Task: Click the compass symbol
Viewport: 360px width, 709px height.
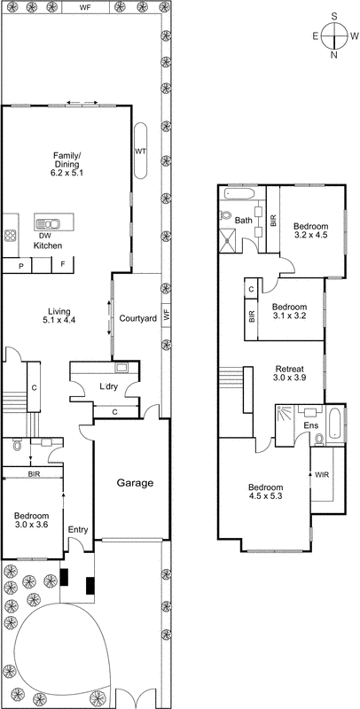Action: (335, 36)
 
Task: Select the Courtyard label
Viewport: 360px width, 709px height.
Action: (137, 318)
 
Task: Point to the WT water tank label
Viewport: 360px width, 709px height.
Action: (140, 152)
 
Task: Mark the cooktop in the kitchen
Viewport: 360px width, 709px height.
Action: (12, 236)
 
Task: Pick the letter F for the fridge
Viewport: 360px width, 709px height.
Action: (63, 265)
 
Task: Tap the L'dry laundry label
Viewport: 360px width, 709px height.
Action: (109, 387)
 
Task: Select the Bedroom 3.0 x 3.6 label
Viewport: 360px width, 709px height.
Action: (31, 520)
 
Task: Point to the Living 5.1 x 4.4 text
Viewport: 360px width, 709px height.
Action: (59, 316)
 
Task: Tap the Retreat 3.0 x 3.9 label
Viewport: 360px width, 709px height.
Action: (289, 374)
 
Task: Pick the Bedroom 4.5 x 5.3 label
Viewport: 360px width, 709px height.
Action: (265, 493)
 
